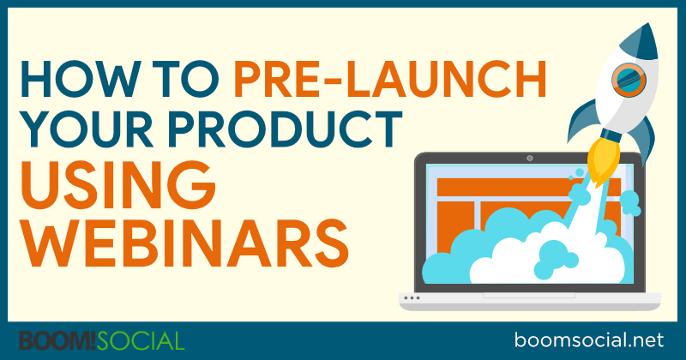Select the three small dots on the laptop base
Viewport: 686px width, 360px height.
click(x=415, y=298)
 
